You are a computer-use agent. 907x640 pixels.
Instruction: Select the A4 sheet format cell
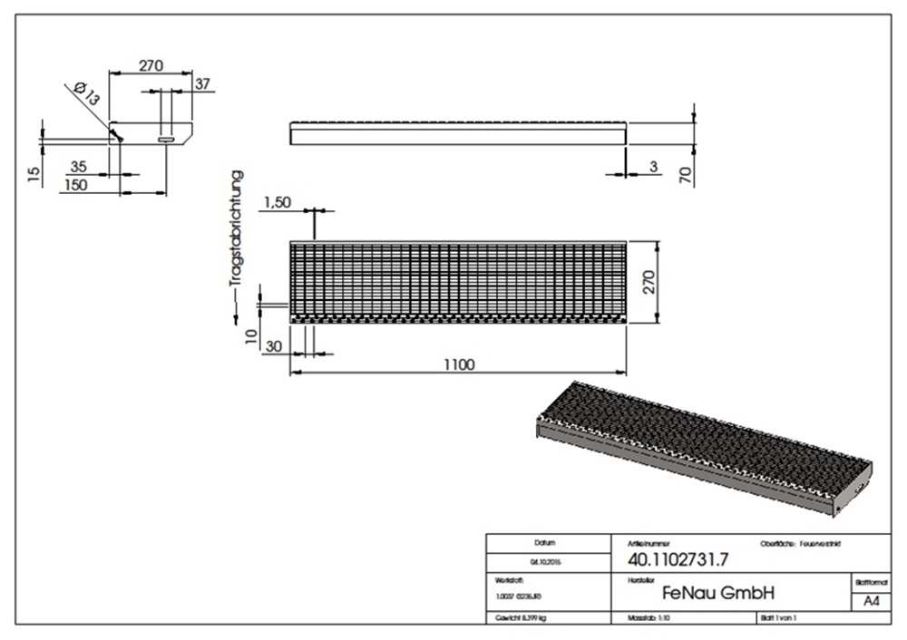point(871,601)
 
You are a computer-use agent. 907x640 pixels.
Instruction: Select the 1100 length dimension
point(459,364)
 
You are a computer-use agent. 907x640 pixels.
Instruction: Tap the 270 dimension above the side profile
point(151,65)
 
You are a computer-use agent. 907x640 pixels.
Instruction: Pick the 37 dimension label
point(202,83)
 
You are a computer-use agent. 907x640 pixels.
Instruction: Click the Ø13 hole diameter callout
point(87,92)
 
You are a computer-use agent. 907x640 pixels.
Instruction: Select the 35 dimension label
point(78,167)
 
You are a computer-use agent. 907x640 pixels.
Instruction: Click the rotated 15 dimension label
point(34,174)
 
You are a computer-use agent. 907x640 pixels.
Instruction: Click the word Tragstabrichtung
point(238,228)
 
